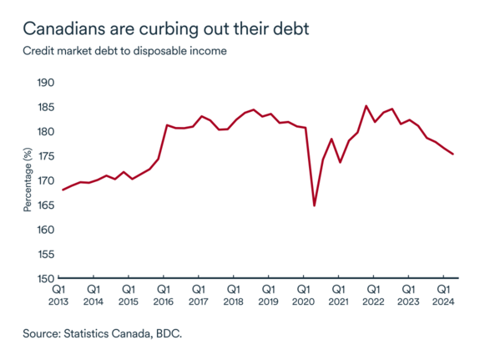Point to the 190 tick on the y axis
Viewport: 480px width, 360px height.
(x=46, y=83)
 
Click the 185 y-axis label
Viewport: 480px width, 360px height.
(x=46, y=107)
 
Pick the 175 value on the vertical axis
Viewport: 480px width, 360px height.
(x=46, y=156)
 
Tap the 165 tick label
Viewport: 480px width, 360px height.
(x=46, y=205)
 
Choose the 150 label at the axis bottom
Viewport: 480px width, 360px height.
(x=46, y=279)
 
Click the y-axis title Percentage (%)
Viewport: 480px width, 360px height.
(x=28, y=180)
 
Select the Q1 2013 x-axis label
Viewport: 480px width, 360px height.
(x=58, y=295)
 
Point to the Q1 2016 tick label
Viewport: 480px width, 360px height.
(x=164, y=295)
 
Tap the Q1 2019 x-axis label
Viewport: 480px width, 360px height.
(x=269, y=295)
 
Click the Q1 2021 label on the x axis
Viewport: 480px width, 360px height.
(x=339, y=295)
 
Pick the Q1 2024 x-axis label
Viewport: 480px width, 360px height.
(x=444, y=295)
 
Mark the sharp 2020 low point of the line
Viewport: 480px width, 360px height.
(x=314, y=205)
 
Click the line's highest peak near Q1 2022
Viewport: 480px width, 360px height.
(x=366, y=106)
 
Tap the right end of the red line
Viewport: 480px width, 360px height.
(x=452, y=154)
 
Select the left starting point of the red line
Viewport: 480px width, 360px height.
(x=63, y=190)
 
